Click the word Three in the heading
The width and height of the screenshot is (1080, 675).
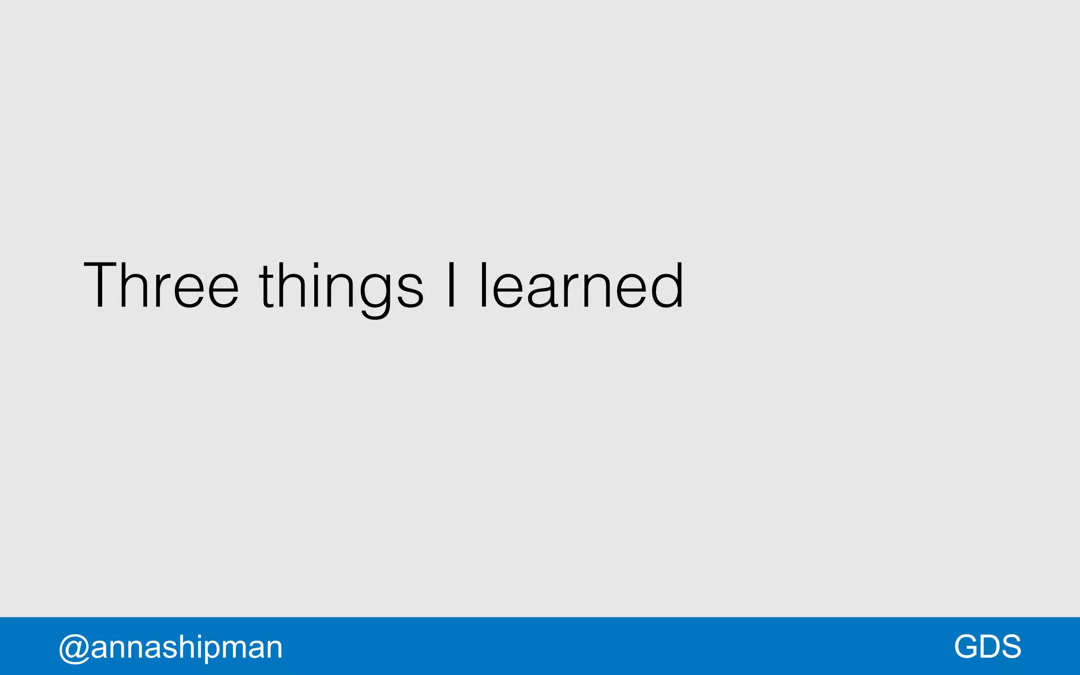click(161, 285)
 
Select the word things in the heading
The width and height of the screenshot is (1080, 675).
click(341, 288)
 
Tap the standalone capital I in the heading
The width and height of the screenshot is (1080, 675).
click(451, 285)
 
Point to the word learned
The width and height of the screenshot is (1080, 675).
click(581, 285)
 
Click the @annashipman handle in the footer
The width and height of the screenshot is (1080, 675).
click(170, 647)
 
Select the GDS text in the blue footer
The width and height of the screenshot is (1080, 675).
click(987, 647)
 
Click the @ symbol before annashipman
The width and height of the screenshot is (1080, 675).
click(73, 648)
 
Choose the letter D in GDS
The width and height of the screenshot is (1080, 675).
click(988, 647)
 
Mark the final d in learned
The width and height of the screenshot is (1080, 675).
click(667, 285)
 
